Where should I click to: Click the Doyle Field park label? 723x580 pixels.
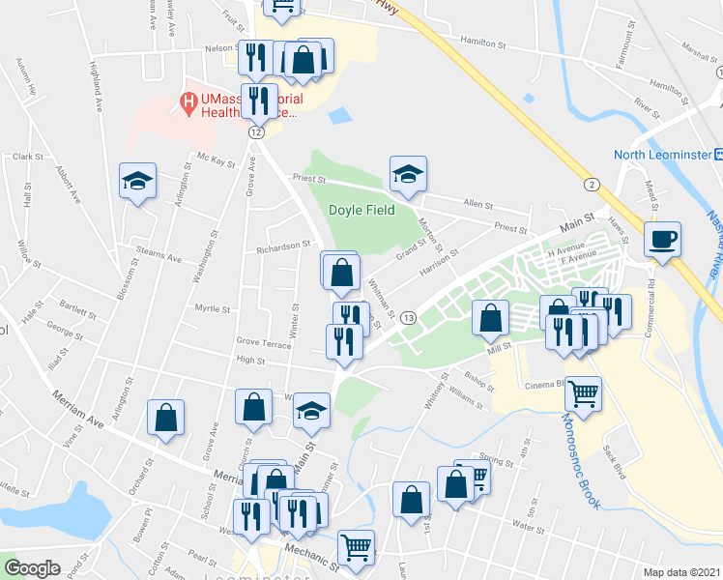[361, 210]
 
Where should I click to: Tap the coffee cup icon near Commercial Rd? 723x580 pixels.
[663, 239]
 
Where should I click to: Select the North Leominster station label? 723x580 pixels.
[662, 155]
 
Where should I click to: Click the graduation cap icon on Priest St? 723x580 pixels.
[408, 175]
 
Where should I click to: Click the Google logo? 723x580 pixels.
[32, 568]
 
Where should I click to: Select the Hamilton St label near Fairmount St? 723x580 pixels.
[483, 44]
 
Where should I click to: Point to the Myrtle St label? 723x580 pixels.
[213, 309]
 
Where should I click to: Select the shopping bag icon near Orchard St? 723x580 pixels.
[165, 419]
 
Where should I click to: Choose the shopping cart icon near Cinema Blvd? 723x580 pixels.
[583, 392]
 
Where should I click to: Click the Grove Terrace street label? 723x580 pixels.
[263, 342]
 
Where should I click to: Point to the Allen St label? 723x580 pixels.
[477, 205]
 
